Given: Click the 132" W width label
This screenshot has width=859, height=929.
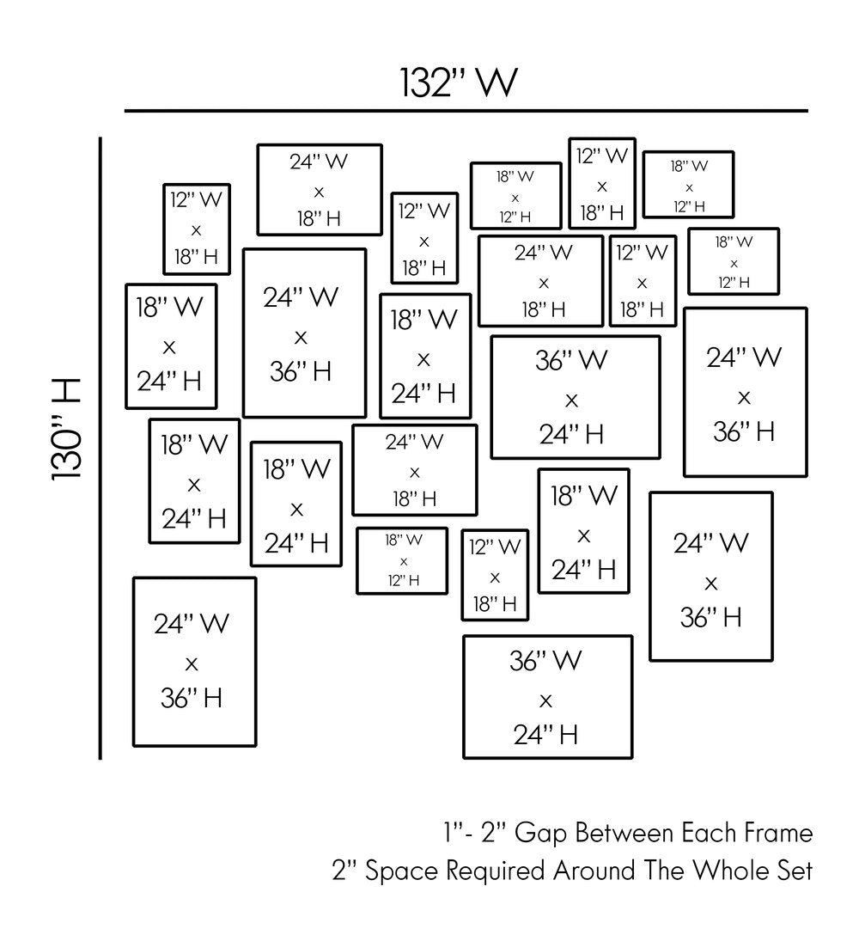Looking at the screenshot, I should click(459, 83).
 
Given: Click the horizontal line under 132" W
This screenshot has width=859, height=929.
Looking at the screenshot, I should click(466, 111).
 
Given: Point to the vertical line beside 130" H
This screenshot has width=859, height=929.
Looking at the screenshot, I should click(101, 447).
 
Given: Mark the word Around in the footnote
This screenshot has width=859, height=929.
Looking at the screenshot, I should click(591, 871).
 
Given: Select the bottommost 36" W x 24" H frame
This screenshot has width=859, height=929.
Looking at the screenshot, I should click(547, 697).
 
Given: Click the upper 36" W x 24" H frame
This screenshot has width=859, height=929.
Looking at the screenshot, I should click(575, 397).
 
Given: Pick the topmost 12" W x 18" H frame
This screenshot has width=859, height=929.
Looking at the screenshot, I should click(602, 183).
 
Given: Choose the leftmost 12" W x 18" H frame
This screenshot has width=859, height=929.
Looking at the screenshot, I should click(197, 229).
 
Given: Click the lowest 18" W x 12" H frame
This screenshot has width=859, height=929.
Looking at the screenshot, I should click(402, 560).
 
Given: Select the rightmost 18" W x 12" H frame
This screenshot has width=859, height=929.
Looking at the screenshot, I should click(733, 261).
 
